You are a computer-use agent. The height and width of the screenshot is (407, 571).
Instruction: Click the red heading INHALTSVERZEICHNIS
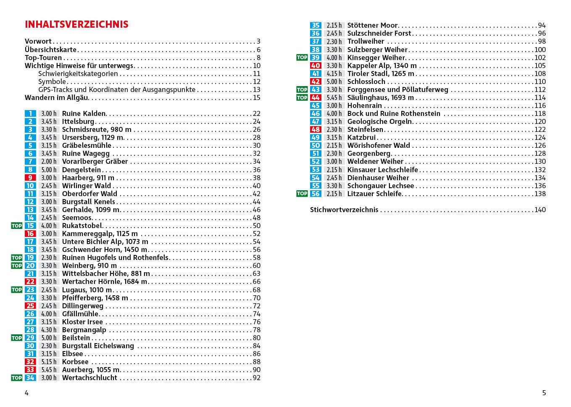(x=76, y=24)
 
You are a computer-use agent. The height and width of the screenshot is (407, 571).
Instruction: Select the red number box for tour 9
(x=30, y=178)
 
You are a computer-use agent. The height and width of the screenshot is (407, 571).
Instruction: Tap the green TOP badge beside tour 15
(x=16, y=226)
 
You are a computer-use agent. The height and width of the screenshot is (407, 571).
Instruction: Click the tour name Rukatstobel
(x=82, y=226)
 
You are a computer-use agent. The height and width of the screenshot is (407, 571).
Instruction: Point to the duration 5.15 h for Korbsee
(x=48, y=362)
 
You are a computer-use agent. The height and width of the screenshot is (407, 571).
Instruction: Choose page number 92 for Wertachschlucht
(x=256, y=378)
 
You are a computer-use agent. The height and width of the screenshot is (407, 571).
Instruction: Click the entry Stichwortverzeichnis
(x=344, y=210)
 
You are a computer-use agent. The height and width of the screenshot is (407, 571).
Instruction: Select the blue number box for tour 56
(x=316, y=194)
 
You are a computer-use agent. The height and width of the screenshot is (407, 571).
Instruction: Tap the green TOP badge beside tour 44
(x=302, y=97)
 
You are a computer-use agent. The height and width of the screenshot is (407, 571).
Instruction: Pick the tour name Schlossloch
(x=366, y=81)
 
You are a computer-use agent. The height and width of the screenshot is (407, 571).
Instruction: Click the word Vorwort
(x=38, y=41)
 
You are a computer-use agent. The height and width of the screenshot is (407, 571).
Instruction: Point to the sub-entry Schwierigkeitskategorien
(x=78, y=74)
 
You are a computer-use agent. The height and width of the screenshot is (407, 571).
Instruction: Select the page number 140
(x=540, y=210)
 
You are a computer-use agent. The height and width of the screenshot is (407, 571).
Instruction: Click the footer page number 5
(x=544, y=393)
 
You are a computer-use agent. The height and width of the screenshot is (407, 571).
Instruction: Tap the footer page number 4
(x=27, y=393)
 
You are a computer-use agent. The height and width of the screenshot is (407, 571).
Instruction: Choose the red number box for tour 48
(x=316, y=129)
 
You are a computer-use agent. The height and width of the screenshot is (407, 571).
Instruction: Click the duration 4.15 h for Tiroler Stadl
(x=334, y=74)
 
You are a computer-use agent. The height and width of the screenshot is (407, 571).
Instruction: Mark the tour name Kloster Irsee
(x=82, y=322)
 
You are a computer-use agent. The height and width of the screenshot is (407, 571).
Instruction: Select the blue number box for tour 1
(x=30, y=113)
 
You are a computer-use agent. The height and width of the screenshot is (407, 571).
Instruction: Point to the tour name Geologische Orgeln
(x=379, y=121)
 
